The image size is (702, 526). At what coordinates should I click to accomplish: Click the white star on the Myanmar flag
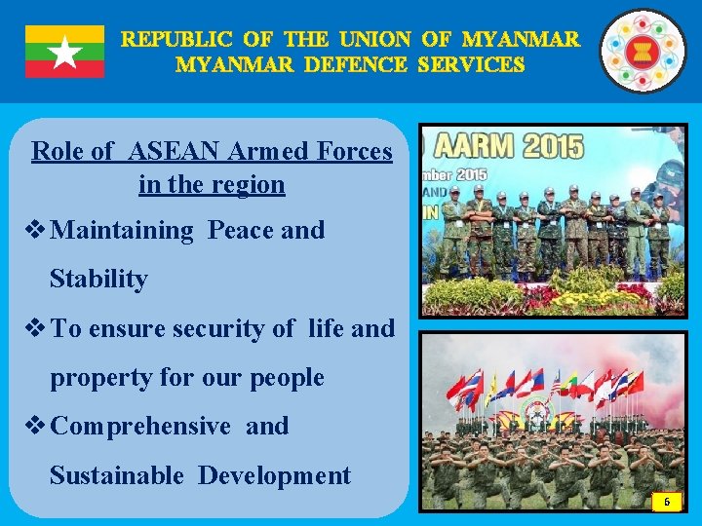(64, 53)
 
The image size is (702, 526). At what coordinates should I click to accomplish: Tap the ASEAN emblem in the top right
(642, 51)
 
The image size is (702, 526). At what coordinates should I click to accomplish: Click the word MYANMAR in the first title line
(521, 40)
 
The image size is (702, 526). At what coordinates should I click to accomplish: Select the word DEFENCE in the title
(360, 65)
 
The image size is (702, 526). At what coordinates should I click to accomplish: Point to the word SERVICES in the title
(471, 65)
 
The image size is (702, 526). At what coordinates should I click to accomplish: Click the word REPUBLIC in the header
(176, 40)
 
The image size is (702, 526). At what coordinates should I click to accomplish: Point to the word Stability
(98, 280)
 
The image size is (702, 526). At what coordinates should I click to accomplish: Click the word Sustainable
(116, 475)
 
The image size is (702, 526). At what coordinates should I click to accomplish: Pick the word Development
(274, 475)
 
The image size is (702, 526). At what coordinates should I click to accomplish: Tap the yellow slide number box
(667, 500)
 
